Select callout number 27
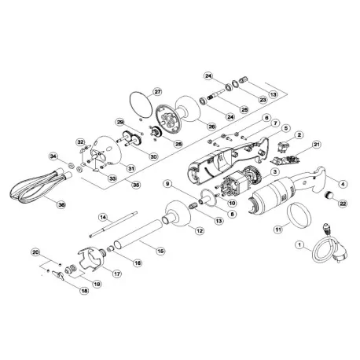click(157, 92)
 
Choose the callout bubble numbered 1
click(298, 244)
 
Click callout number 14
click(102, 216)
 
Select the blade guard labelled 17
click(91, 260)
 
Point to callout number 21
click(317, 145)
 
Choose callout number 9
click(167, 183)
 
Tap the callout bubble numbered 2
click(299, 135)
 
